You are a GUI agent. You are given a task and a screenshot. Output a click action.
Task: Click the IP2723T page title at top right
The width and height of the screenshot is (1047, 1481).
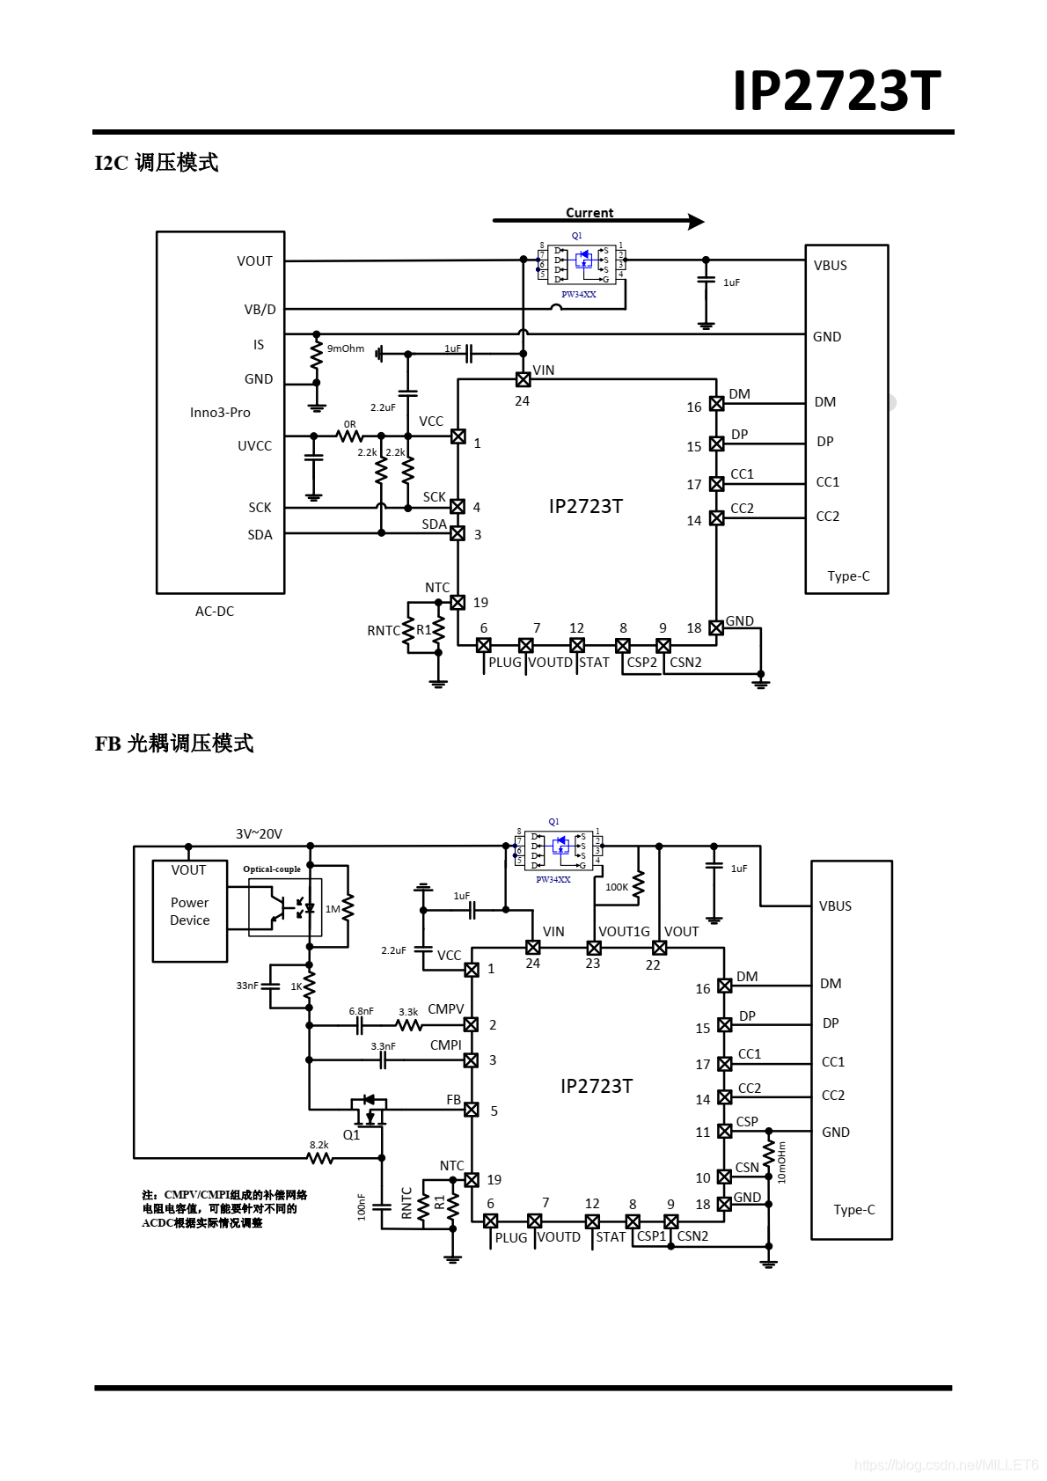(837, 91)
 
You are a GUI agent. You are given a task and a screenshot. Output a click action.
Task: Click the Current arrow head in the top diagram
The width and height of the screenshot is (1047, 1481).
(696, 222)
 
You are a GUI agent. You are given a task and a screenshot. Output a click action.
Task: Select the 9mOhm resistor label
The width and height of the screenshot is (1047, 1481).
(346, 348)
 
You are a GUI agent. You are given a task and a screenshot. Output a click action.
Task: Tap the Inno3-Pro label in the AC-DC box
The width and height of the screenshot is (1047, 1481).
(220, 412)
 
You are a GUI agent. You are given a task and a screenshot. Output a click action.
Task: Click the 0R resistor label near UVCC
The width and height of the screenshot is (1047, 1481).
(350, 424)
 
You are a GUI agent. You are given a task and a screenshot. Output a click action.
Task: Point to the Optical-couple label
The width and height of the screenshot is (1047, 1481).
(272, 869)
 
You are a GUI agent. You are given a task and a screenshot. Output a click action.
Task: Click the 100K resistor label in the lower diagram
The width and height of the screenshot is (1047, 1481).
(617, 887)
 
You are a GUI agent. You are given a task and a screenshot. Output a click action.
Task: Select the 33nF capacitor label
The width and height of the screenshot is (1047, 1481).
(247, 986)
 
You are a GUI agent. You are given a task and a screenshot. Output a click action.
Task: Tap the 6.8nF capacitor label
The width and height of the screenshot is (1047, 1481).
(361, 1011)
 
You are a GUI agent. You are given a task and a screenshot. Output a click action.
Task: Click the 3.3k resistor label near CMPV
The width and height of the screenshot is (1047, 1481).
(408, 1012)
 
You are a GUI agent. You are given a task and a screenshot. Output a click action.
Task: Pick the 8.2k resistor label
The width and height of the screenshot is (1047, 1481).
(318, 1145)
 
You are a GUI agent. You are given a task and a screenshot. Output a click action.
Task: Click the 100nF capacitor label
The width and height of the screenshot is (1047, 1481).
(362, 1206)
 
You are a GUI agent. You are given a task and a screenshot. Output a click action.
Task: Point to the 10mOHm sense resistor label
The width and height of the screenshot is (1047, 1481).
(782, 1162)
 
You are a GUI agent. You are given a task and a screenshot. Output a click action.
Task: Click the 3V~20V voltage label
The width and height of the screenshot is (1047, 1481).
(259, 833)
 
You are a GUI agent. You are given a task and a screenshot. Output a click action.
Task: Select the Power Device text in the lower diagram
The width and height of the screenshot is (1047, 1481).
(190, 911)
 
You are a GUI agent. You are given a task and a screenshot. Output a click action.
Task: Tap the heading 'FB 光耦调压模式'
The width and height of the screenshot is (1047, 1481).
(174, 744)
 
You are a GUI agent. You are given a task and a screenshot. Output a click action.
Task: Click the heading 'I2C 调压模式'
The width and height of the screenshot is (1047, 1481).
(157, 163)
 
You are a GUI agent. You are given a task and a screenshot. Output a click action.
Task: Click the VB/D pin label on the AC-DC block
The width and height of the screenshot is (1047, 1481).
(260, 309)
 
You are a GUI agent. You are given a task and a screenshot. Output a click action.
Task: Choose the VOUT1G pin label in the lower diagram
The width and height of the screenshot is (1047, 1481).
(624, 931)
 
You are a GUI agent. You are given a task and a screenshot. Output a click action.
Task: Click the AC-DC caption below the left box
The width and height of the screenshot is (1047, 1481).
(215, 611)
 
